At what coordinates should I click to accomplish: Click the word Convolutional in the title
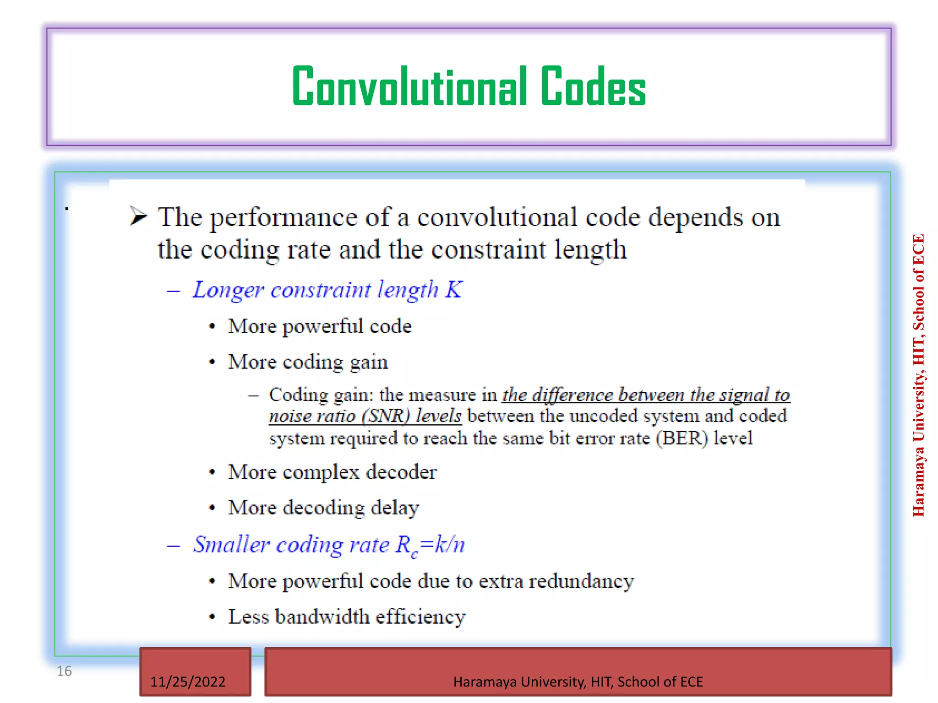click(x=409, y=87)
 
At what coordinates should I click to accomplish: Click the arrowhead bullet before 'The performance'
click(x=138, y=216)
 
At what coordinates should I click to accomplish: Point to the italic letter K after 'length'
click(x=453, y=289)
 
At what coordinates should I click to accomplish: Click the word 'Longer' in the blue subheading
click(x=228, y=290)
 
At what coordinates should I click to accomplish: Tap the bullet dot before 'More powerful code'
click(x=212, y=327)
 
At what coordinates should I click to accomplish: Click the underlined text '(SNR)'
click(x=385, y=416)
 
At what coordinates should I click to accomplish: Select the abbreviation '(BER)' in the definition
click(x=682, y=438)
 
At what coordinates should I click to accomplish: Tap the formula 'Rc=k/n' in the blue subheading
click(x=430, y=545)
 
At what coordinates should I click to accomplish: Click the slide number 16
click(x=64, y=671)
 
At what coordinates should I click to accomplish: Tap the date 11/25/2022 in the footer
click(x=188, y=681)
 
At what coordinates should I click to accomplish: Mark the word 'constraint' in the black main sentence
click(x=489, y=250)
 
